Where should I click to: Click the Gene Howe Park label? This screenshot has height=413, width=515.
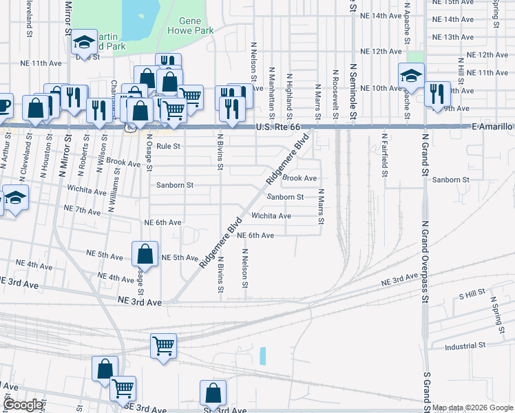click(196, 26)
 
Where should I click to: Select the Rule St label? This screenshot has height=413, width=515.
click(168, 147)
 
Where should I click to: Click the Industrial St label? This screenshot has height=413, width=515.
click(465, 345)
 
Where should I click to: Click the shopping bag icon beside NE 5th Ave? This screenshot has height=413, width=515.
click(145, 255)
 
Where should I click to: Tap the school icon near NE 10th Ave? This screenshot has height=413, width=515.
click(411, 76)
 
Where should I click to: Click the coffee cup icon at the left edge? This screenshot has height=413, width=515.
click(3, 105)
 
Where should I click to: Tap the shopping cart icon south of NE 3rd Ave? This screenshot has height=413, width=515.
click(164, 346)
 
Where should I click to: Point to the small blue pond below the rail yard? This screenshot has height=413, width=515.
click(263, 356)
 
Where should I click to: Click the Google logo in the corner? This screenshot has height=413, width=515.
click(22, 405)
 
